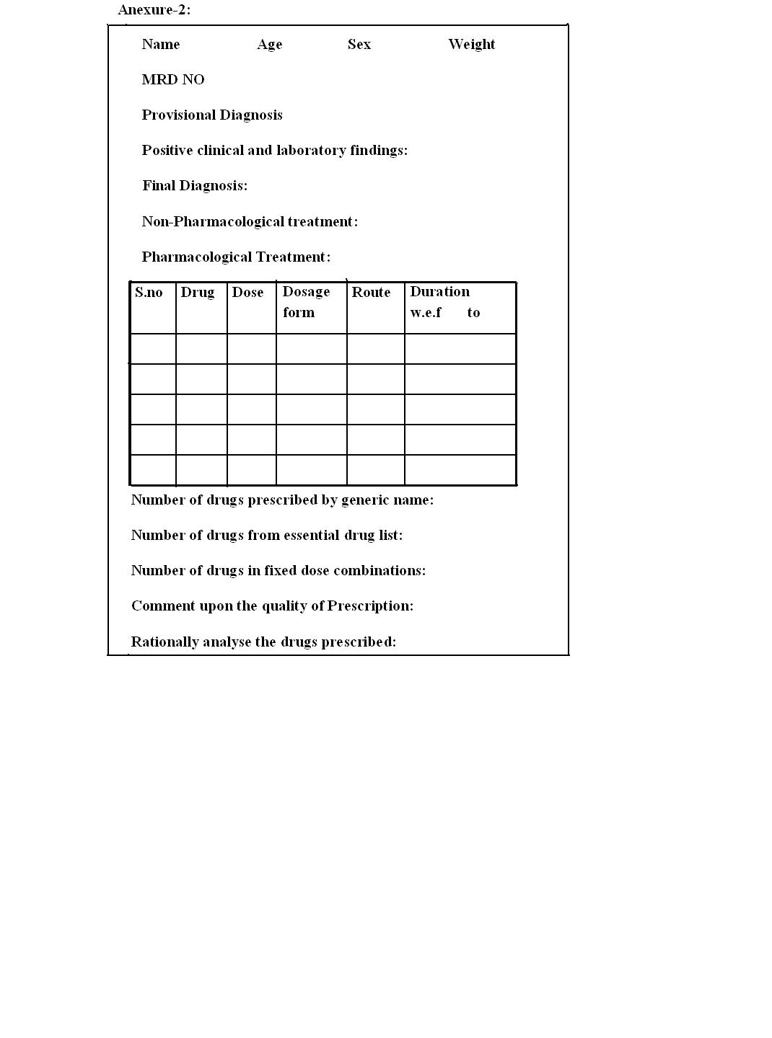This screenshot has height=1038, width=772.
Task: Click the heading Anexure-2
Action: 154,10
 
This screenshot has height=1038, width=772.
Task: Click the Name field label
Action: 161,45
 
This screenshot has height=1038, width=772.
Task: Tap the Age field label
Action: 269,45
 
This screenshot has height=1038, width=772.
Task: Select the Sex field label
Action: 359,45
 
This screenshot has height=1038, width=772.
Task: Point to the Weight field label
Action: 471,45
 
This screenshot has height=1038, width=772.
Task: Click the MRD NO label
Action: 173,80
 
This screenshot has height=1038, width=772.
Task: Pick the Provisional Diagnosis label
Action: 212,115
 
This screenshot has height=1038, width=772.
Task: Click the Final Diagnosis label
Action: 195,186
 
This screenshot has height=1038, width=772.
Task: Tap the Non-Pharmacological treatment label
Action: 250,222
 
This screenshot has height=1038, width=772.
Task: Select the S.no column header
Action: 149,293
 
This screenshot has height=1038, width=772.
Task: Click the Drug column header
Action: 198,293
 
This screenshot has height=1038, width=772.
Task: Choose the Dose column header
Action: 247,293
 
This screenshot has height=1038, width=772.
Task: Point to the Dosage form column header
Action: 306,302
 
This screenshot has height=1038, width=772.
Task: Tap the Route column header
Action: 371,293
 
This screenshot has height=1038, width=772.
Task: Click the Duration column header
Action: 440,292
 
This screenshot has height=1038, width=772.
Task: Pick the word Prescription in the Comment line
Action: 369,606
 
